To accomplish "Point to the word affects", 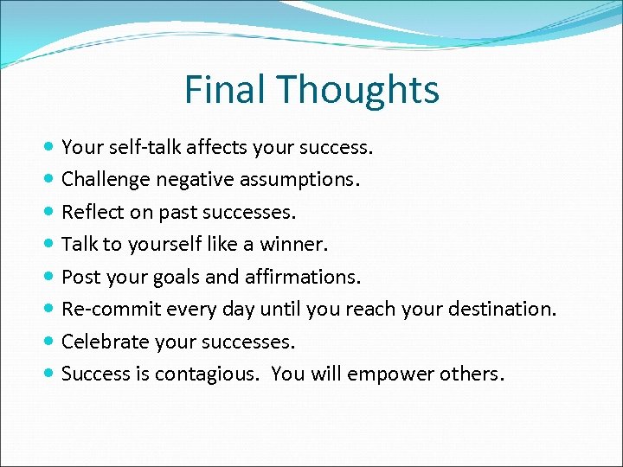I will pyautogui.click(x=216, y=148).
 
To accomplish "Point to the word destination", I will pyautogui.click(x=505, y=309).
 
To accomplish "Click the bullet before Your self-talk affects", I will pyautogui.click(x=51, y=148).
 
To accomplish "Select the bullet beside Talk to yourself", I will pyautogui.click(x=51, y=245).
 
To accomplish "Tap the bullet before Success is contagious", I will pyautogui.click(x=51, y=374).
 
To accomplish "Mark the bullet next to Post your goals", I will pyautogui.click(x=51, y=277).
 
